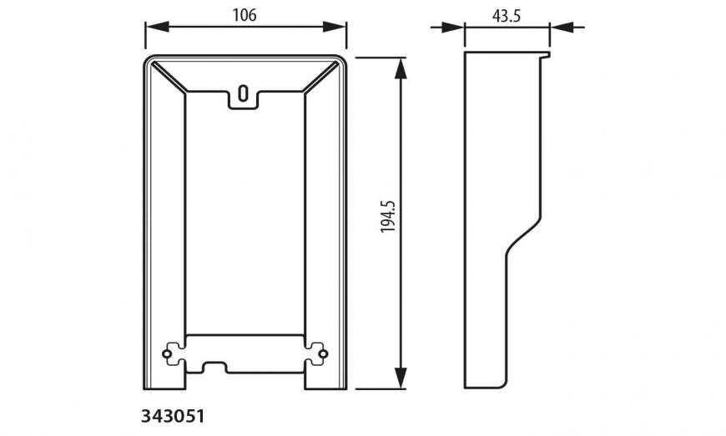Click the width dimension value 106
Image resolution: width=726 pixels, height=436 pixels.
pyautogui.click(x=245, y=14)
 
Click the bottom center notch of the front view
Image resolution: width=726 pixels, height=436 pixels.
pyautogui.click(x=215, y=367)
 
